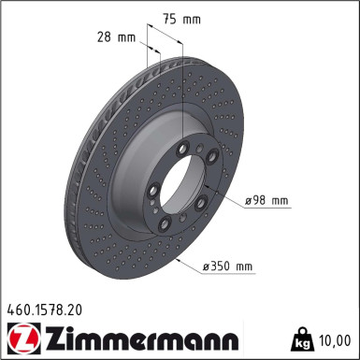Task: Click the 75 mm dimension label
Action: [x=182, y=20]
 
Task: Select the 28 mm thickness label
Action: [x=117, y=37]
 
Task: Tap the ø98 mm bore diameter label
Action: [x=266, y=200]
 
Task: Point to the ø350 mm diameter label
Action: [x=227, y=266]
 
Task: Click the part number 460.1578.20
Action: [x=44, y=310]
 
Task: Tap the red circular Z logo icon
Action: [x=23, y=338]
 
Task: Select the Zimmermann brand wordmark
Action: [x=142, y=338]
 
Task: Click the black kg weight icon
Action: [x=301, y=339]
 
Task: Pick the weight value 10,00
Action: [x=335, y=340]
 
